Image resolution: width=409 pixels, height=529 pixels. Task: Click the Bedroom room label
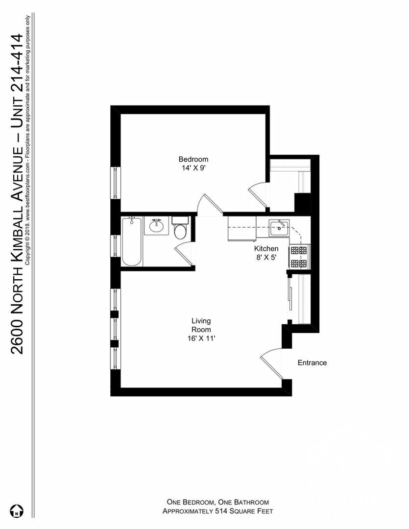click(193, 159)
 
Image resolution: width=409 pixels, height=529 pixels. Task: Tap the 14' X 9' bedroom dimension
click(193, 168)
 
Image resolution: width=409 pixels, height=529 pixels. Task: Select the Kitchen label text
click(266, 249)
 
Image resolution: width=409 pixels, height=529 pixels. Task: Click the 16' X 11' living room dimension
click(201, 338)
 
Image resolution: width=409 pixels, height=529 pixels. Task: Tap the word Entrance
click(312, 363)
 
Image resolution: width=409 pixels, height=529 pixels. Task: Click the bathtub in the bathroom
click(132, 241)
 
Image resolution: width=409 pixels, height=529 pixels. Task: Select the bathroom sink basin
click(157, 227)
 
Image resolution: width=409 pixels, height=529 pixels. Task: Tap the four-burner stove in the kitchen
click(299, 257)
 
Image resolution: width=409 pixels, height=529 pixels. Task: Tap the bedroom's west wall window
click(115, 182)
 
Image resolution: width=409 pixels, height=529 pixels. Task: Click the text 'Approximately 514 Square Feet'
click(217, 511)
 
